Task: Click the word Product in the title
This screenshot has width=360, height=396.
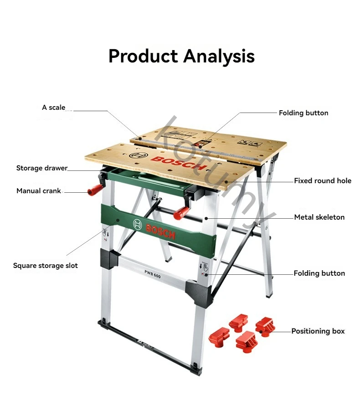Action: point(143,56)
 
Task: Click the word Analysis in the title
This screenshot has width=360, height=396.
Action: point(219,57)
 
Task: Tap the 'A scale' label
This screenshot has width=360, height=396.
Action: point(54,108)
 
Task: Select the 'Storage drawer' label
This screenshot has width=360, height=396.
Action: point(42,168)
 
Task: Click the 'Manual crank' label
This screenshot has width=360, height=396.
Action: point(39,191)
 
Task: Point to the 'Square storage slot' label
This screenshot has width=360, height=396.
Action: point(46,266)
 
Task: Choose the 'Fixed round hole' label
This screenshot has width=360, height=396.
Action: point(323,181)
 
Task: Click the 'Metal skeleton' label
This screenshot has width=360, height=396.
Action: point(319,217)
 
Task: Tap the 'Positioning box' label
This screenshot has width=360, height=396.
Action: point(318,331)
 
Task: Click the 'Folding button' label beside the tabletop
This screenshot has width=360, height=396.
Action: point(303,113)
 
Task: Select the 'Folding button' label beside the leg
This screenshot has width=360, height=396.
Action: point(319,273)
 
